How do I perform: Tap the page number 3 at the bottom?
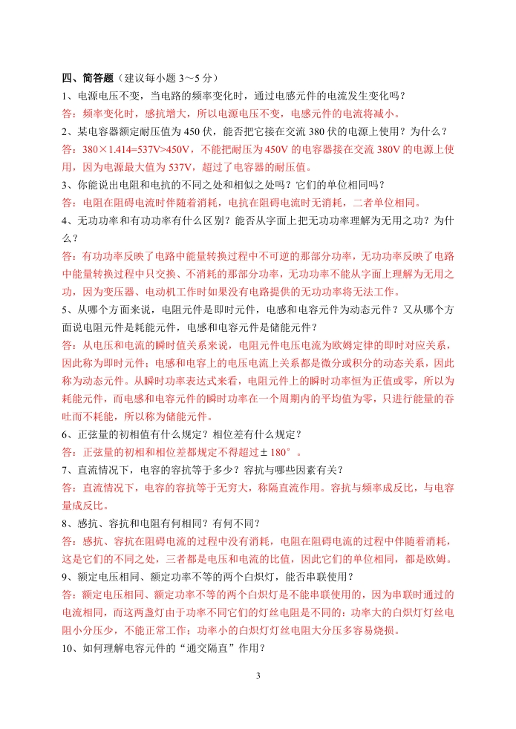click(x=258, y=676)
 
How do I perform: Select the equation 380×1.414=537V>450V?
click(x=131, y=149)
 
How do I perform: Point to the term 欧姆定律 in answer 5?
click(x=351, y=345)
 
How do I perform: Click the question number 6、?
click(x=68, y=434)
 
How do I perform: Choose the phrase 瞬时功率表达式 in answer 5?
click(x=207, y=381)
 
